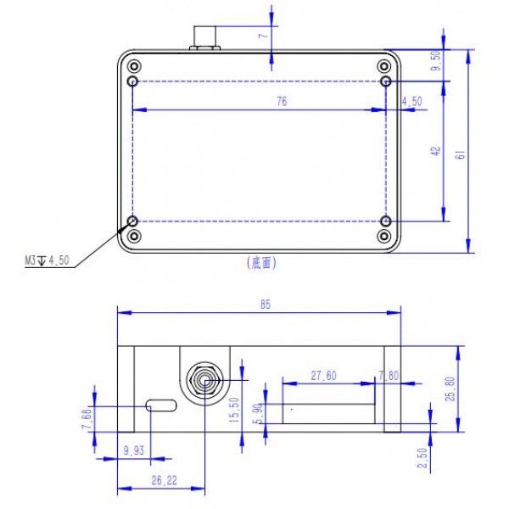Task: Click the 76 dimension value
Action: (282, 102)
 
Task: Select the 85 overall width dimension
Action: (266, 305)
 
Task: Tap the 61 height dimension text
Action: (461, 154)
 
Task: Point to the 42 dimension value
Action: (437, 151)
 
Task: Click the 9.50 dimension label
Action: (438, 61)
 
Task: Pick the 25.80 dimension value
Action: (450, 389)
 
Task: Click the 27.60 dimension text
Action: (324, 376)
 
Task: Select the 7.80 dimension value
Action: (389, 376)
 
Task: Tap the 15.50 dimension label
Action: (234, 410)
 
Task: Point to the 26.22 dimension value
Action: (165, 480)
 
